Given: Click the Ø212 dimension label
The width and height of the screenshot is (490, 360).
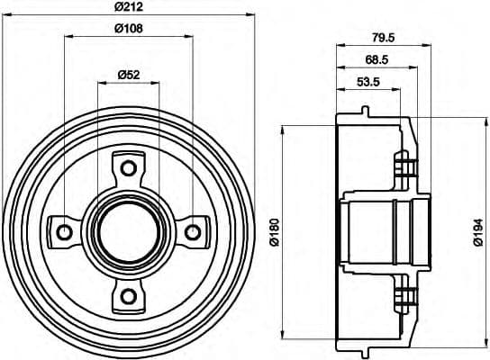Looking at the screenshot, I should [x=128, y=8].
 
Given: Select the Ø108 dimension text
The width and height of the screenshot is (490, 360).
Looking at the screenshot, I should [x=128, y=29].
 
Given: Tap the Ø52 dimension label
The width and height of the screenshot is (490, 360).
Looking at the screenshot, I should [x=128, y=76].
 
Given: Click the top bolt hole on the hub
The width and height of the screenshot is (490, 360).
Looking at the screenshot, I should [x=128, y=167].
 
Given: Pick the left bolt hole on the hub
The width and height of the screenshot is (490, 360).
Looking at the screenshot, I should [x=65, y=232].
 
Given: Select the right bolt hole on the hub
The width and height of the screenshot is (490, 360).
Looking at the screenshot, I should [x=192, y=232].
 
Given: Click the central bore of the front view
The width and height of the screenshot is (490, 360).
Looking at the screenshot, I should [x=128, y=232].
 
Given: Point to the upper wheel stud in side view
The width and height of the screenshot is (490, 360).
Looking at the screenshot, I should [x=406, y=167].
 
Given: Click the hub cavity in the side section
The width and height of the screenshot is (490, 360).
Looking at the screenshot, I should [x=369, y=232].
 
